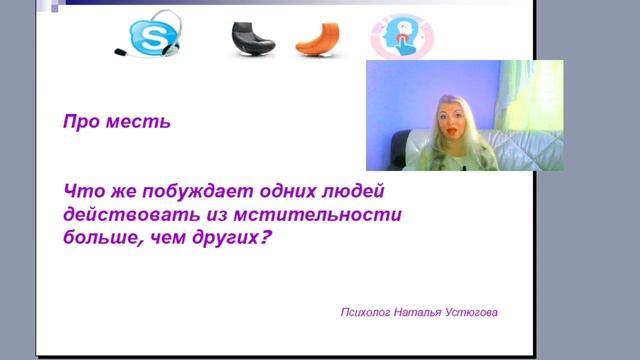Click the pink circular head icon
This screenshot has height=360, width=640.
pyautogui.click(x=399, y=36)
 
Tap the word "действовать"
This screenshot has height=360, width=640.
pyautogui.click(x=120, y=214)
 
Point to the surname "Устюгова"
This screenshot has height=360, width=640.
pyautogui.click(x=471, y=313)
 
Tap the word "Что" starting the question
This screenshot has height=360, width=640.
pyautogui.click(x=80, y=190)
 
